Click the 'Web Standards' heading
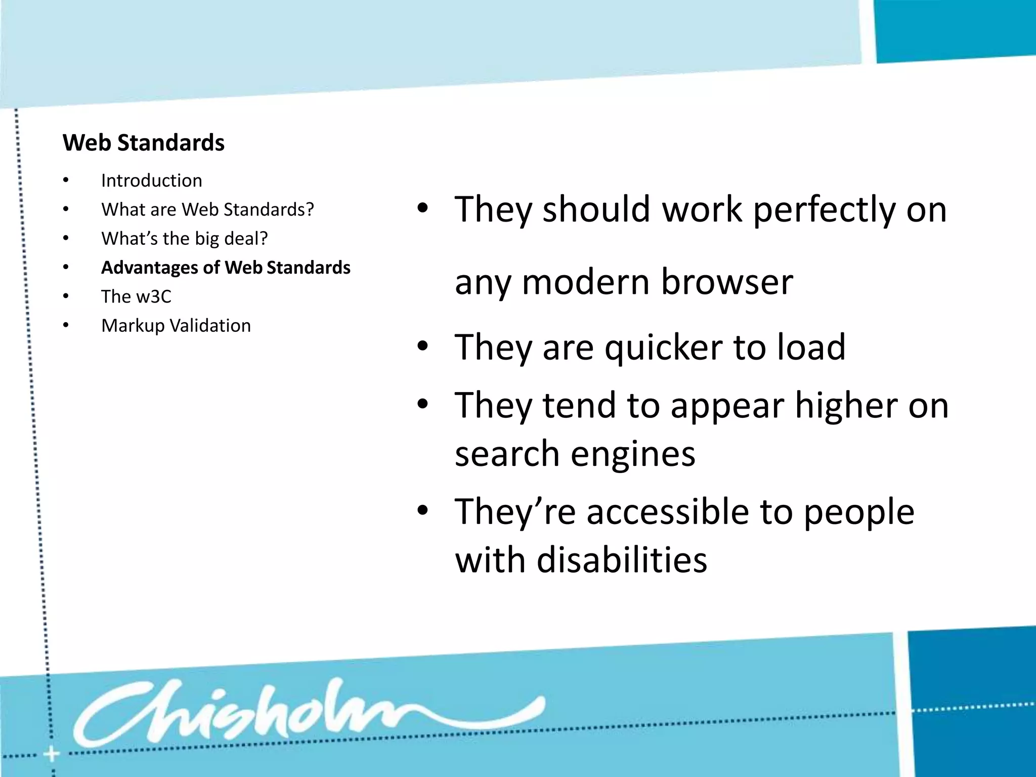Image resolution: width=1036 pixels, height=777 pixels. point(144,143)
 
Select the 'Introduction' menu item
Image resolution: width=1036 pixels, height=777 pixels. point(152,181)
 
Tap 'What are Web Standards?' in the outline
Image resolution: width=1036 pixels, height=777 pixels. point(207,209)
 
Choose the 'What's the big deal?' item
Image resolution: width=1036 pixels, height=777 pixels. point(185,238)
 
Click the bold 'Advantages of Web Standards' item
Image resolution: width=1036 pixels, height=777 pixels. point(226,268)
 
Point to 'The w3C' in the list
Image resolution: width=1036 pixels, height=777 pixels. point(136,296)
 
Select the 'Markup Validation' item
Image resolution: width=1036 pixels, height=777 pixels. point(176,326)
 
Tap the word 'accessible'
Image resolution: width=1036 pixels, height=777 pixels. point(667,512)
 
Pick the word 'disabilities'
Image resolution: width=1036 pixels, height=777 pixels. point(622,560)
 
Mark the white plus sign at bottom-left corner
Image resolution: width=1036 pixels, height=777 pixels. point(51,755)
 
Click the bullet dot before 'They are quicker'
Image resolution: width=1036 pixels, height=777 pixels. point(423,347)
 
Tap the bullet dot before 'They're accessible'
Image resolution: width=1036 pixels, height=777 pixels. point(423,511)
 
